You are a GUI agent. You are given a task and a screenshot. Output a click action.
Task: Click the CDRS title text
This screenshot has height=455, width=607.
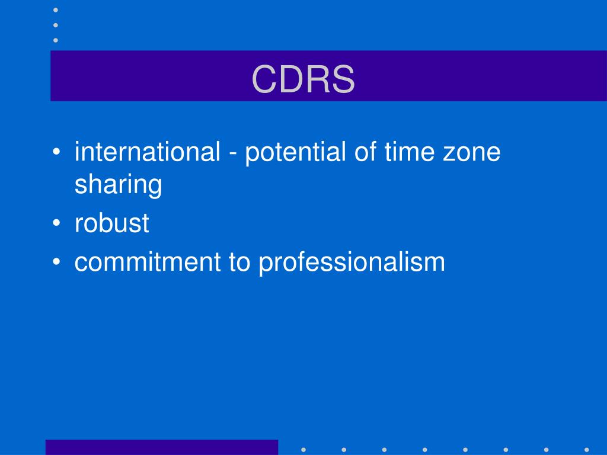pos(303,79)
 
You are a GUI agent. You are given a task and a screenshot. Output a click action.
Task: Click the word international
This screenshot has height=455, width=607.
pos(147,152)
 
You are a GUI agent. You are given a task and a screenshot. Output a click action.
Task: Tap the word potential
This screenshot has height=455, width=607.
pos(294,152)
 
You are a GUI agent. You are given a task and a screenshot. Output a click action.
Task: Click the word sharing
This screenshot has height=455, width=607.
pos(118,185)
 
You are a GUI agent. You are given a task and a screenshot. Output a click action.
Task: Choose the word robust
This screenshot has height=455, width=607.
pos(111,224)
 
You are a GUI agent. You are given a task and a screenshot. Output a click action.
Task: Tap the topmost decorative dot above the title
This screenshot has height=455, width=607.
pos(56,10)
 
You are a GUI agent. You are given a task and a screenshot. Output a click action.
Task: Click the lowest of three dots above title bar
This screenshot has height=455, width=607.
pos(56,40)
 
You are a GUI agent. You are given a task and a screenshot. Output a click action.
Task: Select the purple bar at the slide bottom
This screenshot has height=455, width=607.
pos(162,447)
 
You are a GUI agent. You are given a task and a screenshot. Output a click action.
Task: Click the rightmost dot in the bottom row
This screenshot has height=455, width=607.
pos(586,449)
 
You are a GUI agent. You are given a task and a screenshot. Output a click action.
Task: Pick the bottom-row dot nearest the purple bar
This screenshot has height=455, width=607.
pos(303,449)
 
